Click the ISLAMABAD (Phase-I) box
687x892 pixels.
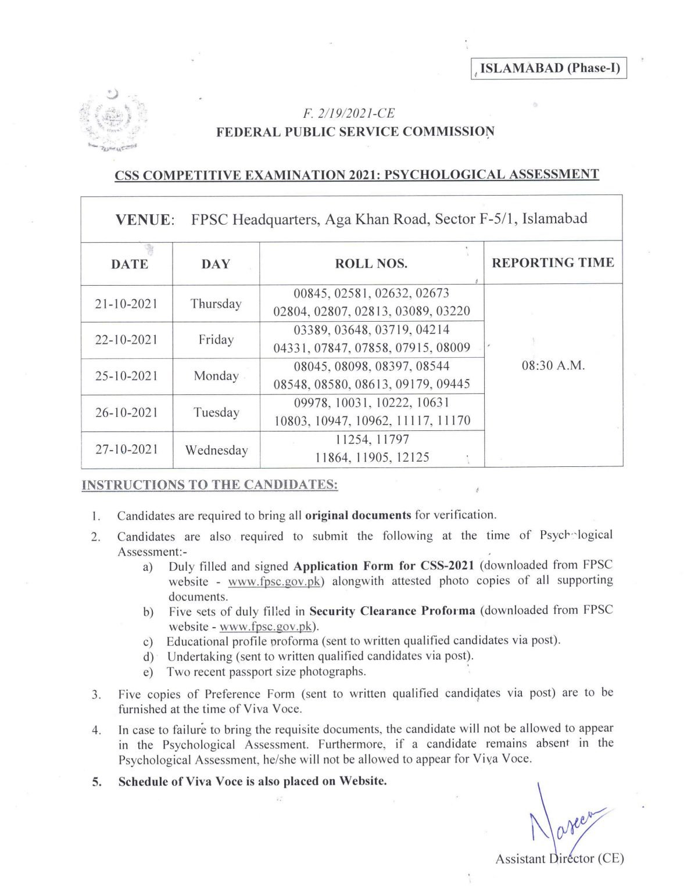click(549, 69)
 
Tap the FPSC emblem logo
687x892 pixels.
click(113, 121)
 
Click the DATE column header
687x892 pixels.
click(129, 264)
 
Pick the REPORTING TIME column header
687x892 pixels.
click(553, 262)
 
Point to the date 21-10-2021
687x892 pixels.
click(126, 304)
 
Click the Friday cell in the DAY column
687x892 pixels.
click(216, 340)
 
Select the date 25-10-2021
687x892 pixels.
click(126, 376)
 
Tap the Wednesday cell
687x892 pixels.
click(216, 450)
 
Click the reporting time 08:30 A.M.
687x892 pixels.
click(553, 366)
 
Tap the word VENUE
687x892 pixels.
click(144, 220)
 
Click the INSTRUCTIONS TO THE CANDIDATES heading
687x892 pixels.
click(210, 485)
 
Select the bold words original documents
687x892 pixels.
click(358, 515)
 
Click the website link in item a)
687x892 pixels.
click(274, 582)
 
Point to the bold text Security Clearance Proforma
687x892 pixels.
click(392, 611)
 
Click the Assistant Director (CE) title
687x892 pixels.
click(559, 859)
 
